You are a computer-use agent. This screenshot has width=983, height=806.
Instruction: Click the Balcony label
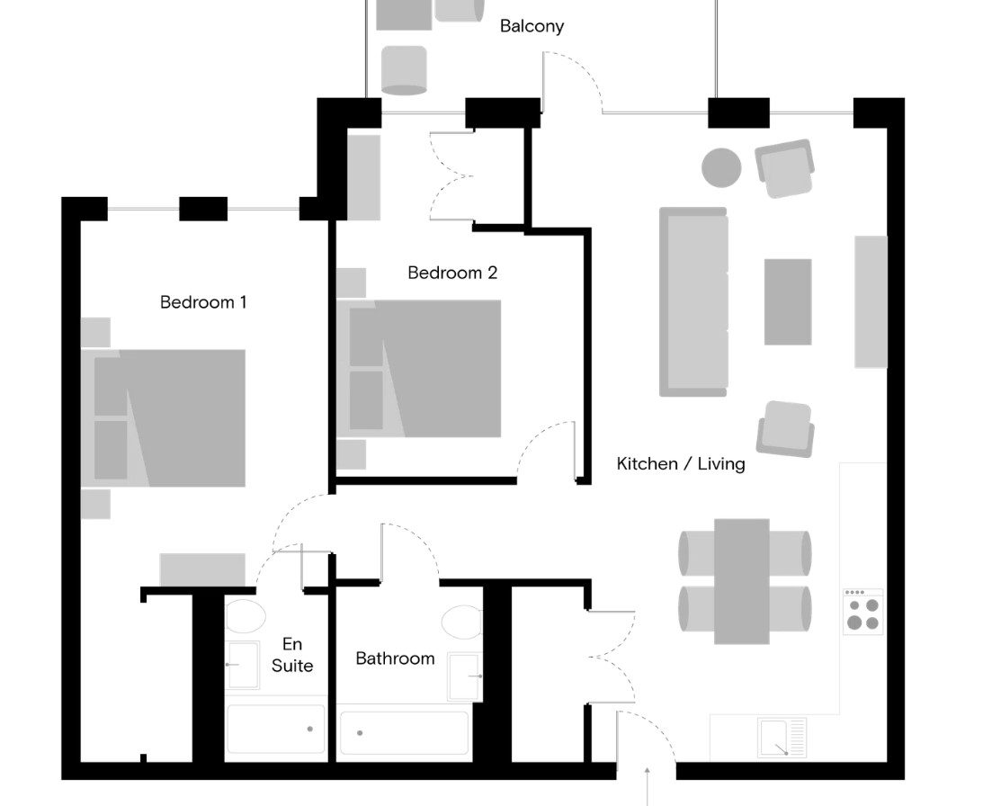(532, 26)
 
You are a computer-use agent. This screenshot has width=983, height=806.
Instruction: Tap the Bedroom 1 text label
(203, 302)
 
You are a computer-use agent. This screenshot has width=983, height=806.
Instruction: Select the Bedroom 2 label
(452, 273)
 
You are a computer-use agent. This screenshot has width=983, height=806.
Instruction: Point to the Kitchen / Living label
(681, 464)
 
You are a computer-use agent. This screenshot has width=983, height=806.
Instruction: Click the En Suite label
(292, 655)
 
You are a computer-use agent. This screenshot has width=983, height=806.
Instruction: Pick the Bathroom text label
(395, 658)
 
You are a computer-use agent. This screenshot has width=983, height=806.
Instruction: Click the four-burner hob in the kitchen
(862, 612)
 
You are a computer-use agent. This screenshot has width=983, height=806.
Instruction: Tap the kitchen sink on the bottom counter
(782, 738)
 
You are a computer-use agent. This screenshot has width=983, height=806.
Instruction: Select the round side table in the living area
(721, 167)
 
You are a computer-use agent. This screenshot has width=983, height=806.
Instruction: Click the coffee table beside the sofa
(788, 301)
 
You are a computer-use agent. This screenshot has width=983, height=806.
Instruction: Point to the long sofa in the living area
(693, 301)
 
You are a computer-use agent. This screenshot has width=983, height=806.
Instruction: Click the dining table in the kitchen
(742, 581)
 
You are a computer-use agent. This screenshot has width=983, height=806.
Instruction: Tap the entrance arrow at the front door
(647, 785)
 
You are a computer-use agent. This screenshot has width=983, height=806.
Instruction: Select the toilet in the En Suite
(246, 615)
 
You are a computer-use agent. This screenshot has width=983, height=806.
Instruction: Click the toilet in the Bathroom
(462, 622)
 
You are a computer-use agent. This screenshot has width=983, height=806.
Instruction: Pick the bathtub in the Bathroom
(405, 732)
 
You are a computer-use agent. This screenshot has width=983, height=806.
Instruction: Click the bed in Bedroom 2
(419, 368)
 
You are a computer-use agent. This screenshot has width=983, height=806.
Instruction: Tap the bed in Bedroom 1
(163, 418)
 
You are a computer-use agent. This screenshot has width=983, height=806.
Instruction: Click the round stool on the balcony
(405, 70)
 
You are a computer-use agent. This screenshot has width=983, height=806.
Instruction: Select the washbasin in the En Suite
(242, 665)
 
